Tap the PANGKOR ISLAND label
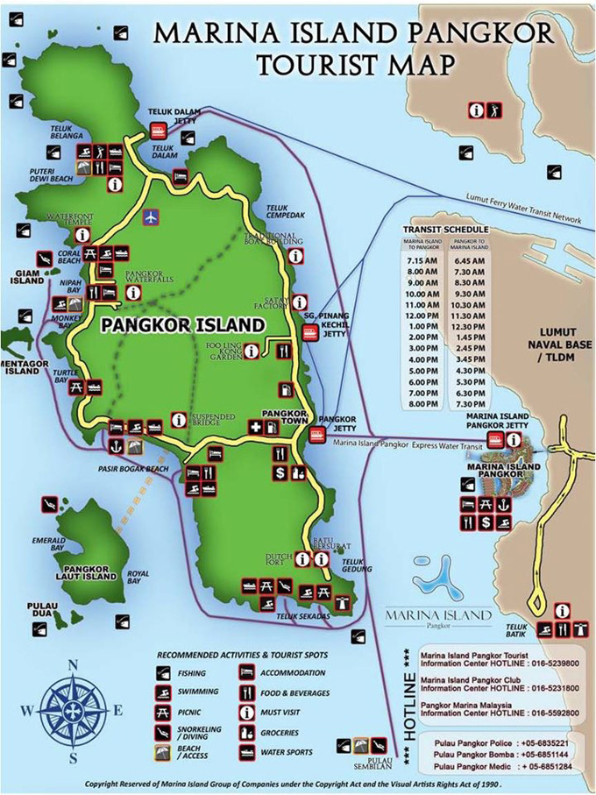coord(182,324)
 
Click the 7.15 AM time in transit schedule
coord(416,261)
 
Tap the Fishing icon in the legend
coord(163,673)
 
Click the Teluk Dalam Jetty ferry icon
coord(159,131)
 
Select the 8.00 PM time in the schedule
coord(416,404)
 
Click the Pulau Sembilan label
coord(378,763)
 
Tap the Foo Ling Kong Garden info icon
coord(252,351)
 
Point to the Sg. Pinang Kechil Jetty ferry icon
coord(310,332)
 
